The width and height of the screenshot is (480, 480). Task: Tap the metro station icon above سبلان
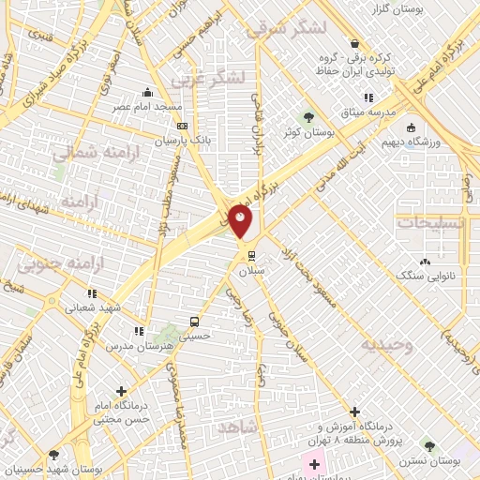click(x=251, y=254)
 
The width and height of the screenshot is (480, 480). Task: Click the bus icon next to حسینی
click(x=194, y=319)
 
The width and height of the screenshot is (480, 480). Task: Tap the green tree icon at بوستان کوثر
click(x=307, y=117)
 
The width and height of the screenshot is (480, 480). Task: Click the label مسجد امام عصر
click(x=148, y=107)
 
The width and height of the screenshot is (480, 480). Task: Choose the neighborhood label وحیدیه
click(x=388, y=344)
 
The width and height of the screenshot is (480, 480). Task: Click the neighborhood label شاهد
click(x=236, y=427)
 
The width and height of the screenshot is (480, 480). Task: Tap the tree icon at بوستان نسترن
click(x=429, y=447)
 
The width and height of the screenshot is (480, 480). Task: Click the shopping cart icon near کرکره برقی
click(x=354, y=43)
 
